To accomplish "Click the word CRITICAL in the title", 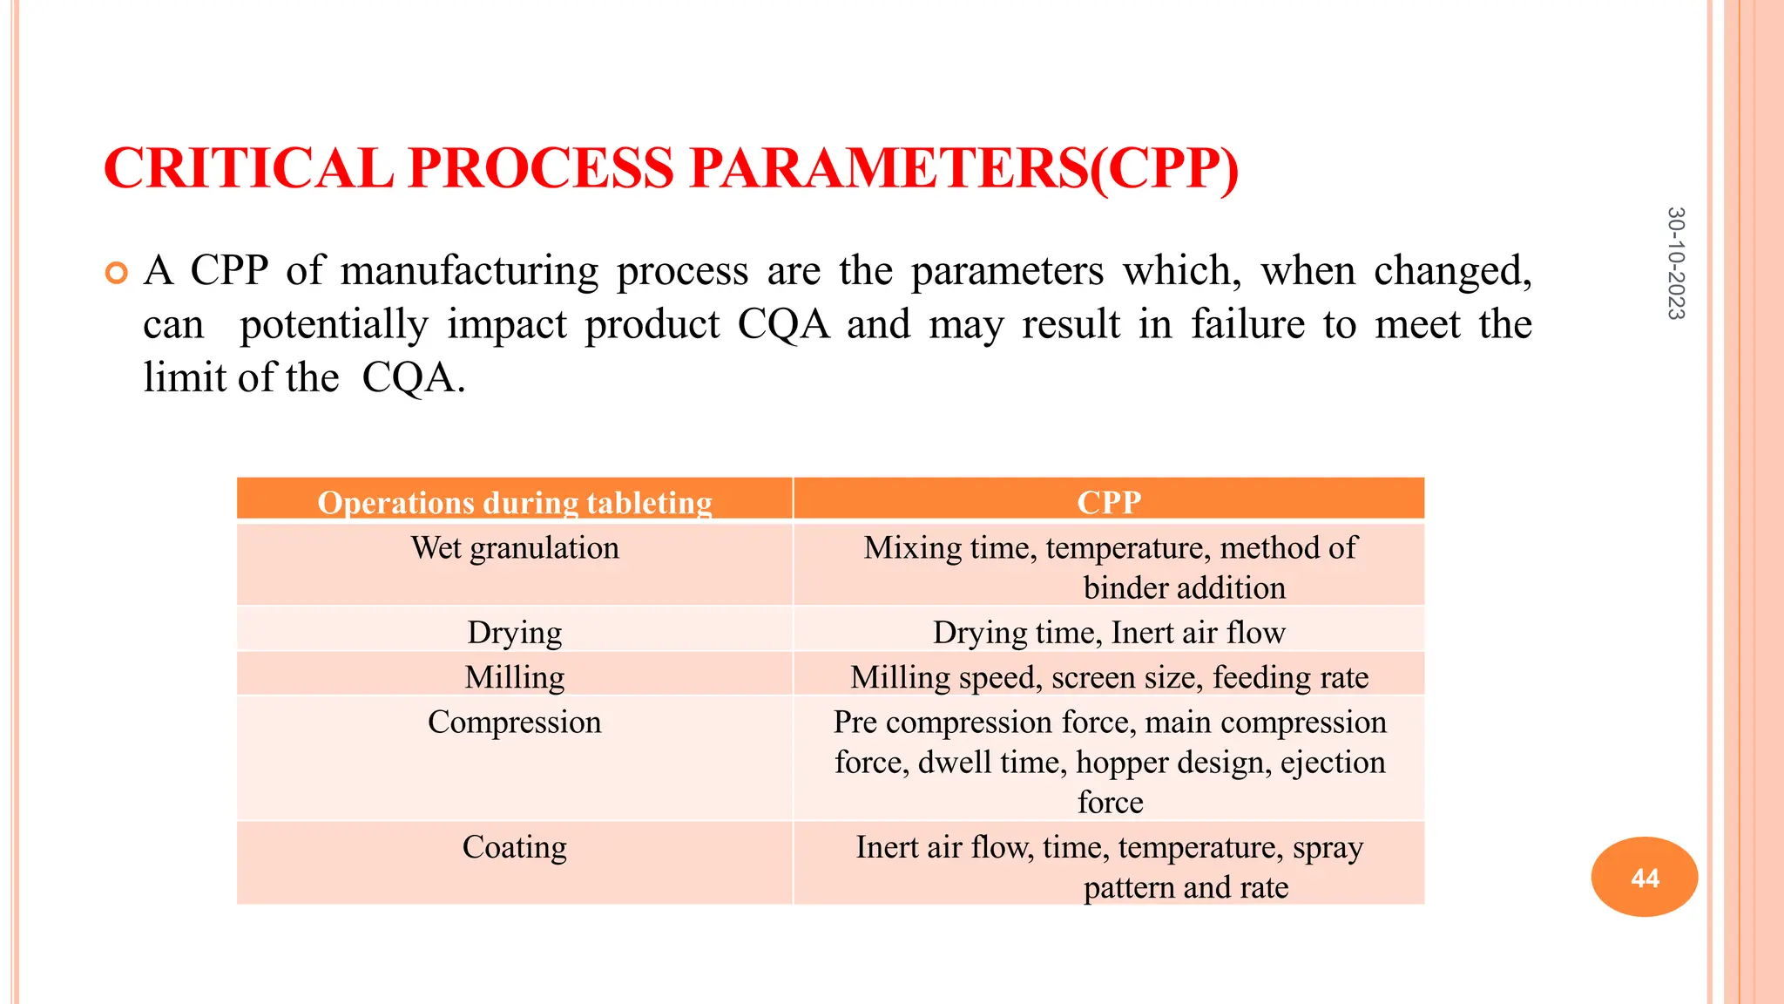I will pyautogui.click(x=248, y=167).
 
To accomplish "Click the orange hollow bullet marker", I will pyautogui.click(x=116, y=273).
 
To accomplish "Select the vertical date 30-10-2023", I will pyautogui.click(x=1675, y=263).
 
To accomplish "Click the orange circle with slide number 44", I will pyautogui.click(x=1644, y=877).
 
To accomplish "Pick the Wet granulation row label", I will pyautogui.click(x=515, y=548).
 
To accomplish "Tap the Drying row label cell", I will pyautogui.click(x=515, y=632).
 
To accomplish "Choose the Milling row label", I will pyautogui.click(x=515, y=677).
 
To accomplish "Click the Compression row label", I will pyautogui.click(x=515, y=722).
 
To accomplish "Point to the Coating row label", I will pyautogui.click(x=515, y=847).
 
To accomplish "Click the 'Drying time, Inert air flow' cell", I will pyautogui.click(x=1108, y=632).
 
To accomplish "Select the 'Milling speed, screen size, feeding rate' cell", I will pyautogui.click(x=1108, y=677).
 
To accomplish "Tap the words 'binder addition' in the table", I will pyautogui.click(x=1184, y=588).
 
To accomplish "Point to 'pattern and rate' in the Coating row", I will pyautogui.click(x=1185, y=887).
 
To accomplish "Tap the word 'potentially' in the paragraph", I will pyautogui.click(x=334, y=324).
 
